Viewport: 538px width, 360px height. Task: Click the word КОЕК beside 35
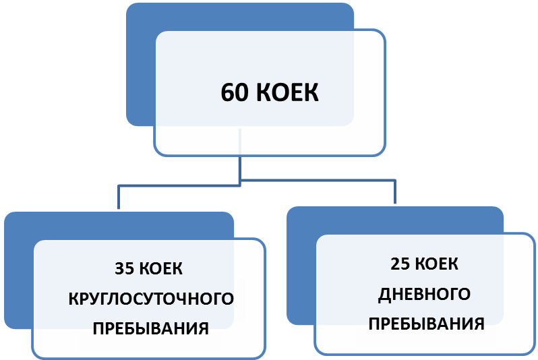(162, 269)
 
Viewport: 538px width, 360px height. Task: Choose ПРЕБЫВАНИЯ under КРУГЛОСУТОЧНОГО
(150, 329)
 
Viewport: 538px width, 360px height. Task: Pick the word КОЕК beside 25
(439, 264)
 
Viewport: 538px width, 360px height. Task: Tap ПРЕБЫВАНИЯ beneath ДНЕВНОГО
(427, 324)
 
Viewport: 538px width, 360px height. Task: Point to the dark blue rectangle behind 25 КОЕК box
(301, 270)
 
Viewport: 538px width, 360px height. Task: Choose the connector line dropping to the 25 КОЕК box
(395, 193)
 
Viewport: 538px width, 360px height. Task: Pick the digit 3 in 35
(120, 269)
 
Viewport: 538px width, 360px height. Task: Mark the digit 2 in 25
(396, 264)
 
